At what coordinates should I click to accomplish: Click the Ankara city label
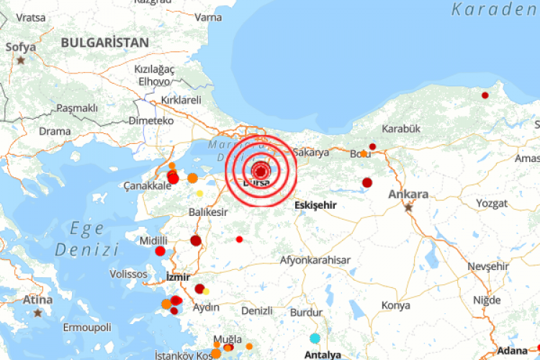pos(408,194)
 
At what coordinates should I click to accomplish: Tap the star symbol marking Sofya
pos(21,60)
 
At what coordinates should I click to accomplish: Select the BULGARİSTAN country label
pos(105,42)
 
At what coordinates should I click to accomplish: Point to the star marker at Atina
pos(37,312)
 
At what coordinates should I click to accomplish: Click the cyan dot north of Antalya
pos(315,338)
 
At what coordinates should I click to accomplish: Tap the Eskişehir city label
pos(315,204)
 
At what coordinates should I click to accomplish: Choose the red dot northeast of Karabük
pos(485,95)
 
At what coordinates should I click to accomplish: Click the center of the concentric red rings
pos(261,171)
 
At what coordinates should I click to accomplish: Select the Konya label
pos(395,305)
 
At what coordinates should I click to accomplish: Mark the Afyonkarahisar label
pos(315,260)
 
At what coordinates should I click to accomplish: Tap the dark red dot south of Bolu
pos(367,182)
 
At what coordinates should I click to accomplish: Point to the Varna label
pos(209,17)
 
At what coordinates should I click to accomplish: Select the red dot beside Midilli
pos(160,251)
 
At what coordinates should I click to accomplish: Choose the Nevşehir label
pos(487,266)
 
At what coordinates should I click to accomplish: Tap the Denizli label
pos(257,310)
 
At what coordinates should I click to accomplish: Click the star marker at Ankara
pos(409,207)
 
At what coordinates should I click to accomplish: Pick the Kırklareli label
pos(181,100)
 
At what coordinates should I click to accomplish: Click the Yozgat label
pos(492,203)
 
